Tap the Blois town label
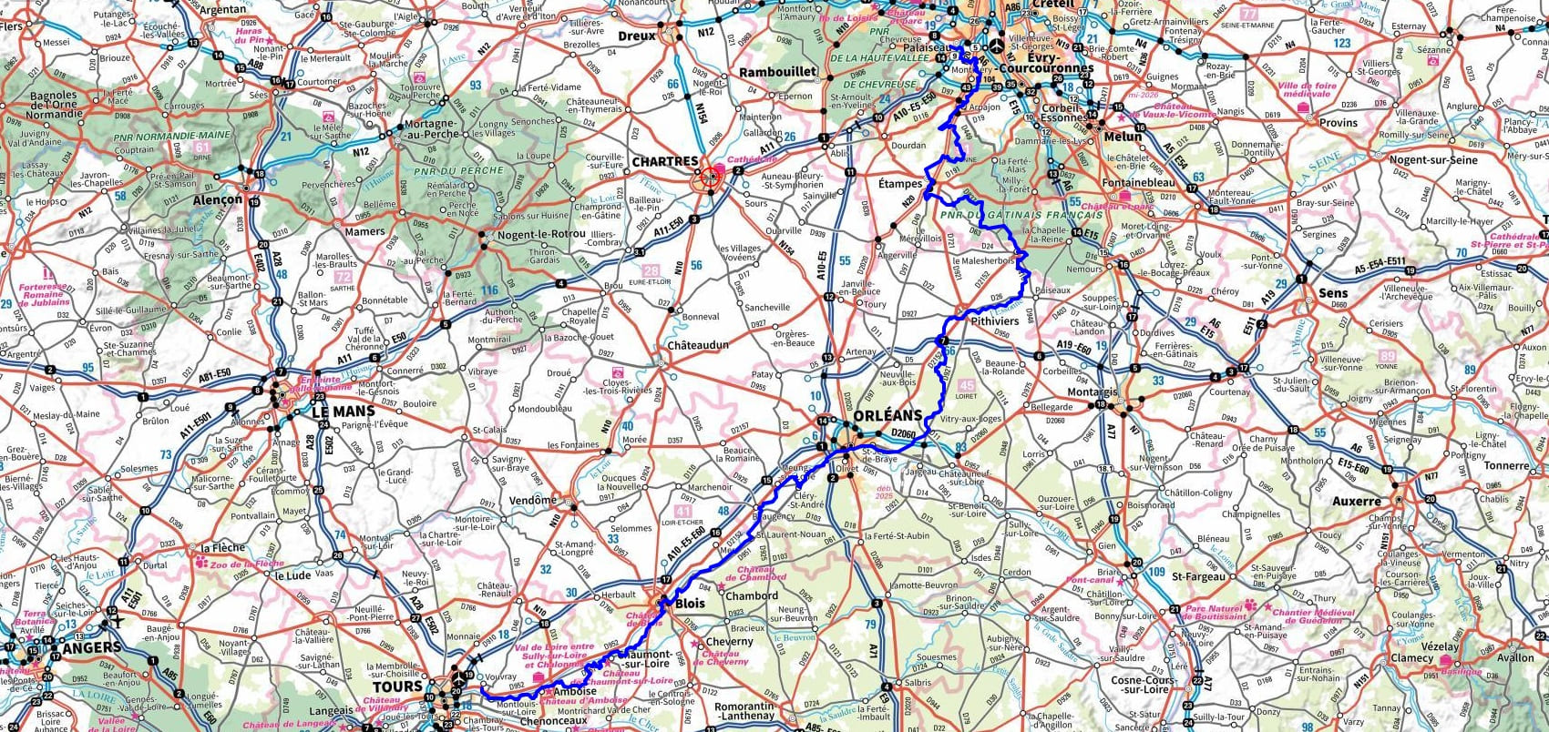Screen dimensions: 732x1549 tap(690, 604)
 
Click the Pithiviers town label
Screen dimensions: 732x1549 tap(994, 321)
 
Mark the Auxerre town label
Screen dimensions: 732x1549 tap(1357, 501)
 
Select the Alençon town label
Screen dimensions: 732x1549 tap(218, 199)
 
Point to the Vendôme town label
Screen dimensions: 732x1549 tap(532, 500)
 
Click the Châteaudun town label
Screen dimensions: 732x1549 tap(698, 346)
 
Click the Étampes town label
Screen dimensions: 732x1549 tap(900, 182)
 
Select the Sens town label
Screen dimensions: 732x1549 tap(1333, 293)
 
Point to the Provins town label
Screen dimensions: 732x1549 tap(1338, 122)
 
